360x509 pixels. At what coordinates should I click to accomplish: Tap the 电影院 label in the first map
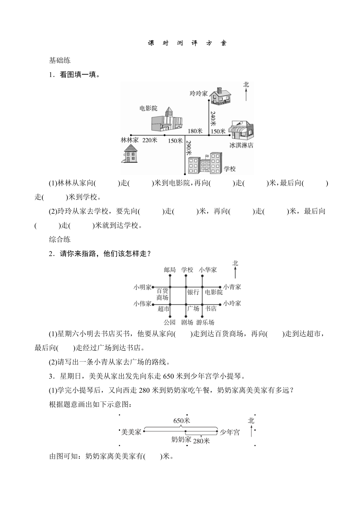[148, 108]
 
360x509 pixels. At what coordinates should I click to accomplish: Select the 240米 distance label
[213, 118]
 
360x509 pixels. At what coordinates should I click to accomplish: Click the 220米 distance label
[150, 140]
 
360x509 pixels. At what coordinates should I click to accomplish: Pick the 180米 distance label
[194, 131]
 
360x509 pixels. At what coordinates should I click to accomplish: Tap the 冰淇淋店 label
[241, 145]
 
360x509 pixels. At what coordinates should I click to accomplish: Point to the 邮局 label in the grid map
[170, 270]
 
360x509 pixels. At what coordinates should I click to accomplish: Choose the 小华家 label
[208, 270]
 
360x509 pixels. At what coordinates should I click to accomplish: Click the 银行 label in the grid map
[193, 292]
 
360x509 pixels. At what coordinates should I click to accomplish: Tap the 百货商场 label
[162, 294]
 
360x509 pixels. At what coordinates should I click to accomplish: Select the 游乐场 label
[205, 323]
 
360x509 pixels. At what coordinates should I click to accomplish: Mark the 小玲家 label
[232, 303]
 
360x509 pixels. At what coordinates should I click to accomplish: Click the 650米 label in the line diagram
[182, 420]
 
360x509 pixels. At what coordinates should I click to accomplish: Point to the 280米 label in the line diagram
[202, 441]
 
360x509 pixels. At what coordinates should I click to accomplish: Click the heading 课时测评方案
[187, 43]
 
